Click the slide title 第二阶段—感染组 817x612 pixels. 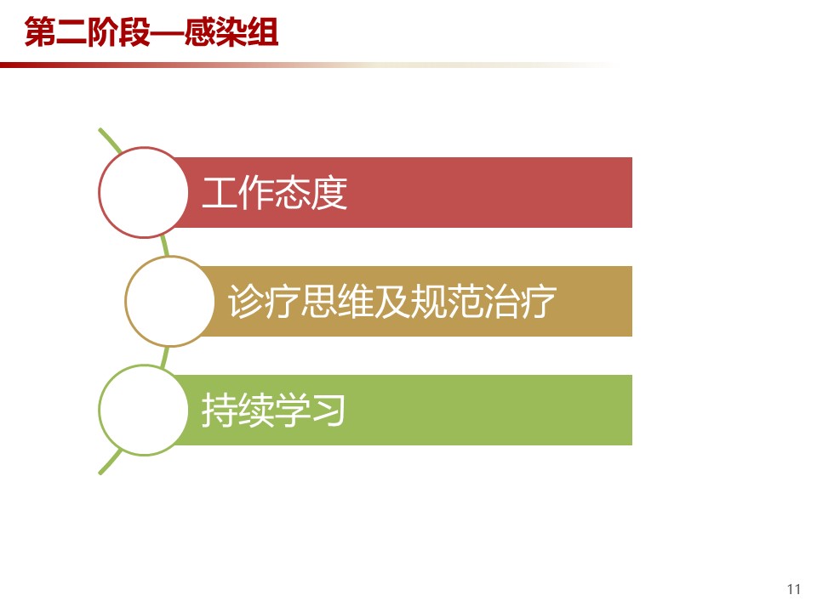click(151, 32)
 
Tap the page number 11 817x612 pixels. click(793, 589)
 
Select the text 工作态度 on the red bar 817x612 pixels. click(275, 193)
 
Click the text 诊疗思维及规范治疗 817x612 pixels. click(391, 301)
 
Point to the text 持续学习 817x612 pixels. click(273, 410)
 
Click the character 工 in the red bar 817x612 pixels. click(220, 193)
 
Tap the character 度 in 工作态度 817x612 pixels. click(329, 193)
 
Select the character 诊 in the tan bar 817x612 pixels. click(246, 301)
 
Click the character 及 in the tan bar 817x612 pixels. click(391, 301)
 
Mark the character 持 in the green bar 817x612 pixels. click(220, 410)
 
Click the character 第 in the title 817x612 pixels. click(40, 32)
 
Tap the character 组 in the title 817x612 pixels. click(263, 32)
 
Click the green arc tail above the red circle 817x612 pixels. click(110, 139)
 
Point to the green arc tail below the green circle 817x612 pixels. click(110, 462)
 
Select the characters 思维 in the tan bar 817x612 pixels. click(337, 301)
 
